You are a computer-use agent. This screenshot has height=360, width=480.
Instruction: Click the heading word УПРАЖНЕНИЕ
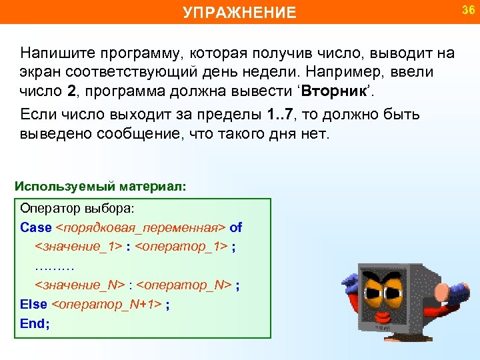pos(240,13)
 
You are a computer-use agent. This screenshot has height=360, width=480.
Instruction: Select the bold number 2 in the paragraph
pos(72,90)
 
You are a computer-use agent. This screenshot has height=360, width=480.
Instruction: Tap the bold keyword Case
pos(36,227)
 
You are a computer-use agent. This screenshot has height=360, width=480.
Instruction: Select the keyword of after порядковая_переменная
pos(236,227)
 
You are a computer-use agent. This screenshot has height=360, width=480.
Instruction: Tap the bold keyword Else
pos(34,305)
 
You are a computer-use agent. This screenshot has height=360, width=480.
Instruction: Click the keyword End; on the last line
pos(35,324)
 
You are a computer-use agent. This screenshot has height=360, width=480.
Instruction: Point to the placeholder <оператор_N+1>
pos(107,305)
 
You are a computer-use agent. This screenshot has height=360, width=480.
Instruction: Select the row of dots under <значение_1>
pos(53,266)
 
